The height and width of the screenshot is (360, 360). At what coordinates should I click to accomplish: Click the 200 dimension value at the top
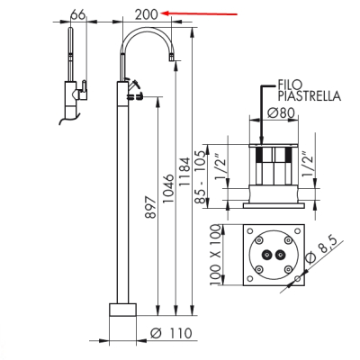coord(147,14)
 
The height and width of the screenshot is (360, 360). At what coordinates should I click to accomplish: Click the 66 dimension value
coord(78,14)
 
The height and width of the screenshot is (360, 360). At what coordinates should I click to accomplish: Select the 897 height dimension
coord(150,208)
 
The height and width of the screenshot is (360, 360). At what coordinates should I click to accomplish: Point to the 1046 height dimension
coord(168,188)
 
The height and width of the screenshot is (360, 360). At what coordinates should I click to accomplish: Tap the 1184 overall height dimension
coord(184,171)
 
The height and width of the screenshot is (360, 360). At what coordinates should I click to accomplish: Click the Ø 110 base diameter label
coord(171,333)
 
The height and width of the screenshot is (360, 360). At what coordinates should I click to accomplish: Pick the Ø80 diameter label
coord(282,113)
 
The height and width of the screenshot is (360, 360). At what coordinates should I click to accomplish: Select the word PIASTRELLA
coord(310,96)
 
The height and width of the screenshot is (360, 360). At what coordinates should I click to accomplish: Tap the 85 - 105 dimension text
coord(202,177)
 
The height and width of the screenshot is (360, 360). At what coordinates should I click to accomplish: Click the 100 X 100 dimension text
coord(215,255)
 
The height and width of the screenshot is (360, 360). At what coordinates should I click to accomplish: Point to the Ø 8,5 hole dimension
coord(321,250)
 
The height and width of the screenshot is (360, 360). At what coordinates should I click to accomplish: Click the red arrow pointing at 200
coord(199,13)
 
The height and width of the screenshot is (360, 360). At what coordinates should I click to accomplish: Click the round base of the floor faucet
coord(122,310)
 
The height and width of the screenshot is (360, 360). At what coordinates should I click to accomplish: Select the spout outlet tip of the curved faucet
coord(172,57)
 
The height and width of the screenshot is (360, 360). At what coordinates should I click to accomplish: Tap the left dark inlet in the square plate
coord(265,255)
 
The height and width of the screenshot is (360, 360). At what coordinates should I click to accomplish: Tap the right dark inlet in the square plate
coord(281,255)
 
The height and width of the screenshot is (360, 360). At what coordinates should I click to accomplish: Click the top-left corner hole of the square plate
coord(249,231)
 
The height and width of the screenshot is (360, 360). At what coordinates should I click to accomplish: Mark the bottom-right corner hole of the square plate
coord(297,279)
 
